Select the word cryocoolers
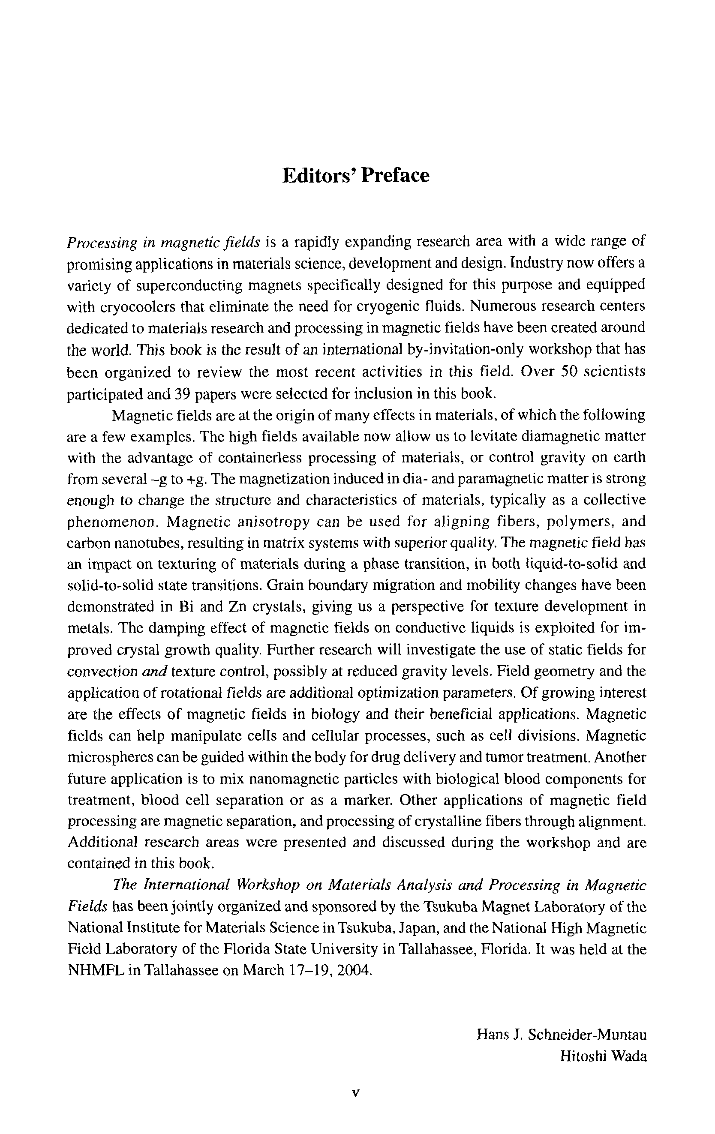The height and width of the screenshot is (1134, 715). point(138,306)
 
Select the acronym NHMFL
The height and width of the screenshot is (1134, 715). point(95,971)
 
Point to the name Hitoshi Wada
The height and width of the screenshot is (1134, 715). point(603,1056)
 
